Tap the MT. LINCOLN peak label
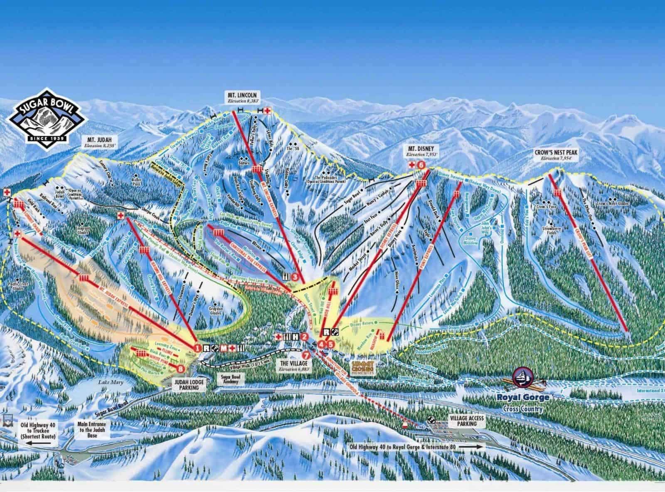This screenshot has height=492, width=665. coord(240,95)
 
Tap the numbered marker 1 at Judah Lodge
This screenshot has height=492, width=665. coord(197,347)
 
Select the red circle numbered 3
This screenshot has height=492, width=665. coord(295,276)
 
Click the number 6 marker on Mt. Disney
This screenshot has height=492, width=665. coord(422,165)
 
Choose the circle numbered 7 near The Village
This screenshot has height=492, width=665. coord(306,355)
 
